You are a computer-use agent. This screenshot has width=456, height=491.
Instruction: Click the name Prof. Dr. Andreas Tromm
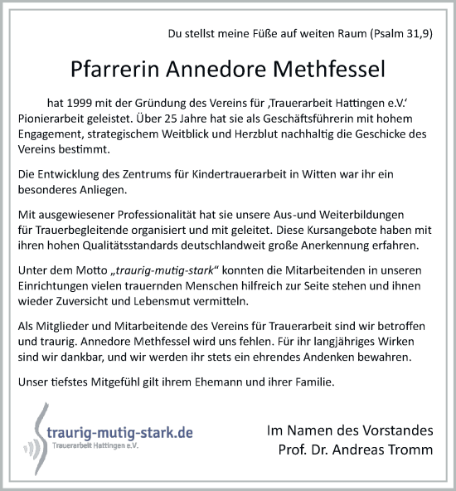tap(356, 450)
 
